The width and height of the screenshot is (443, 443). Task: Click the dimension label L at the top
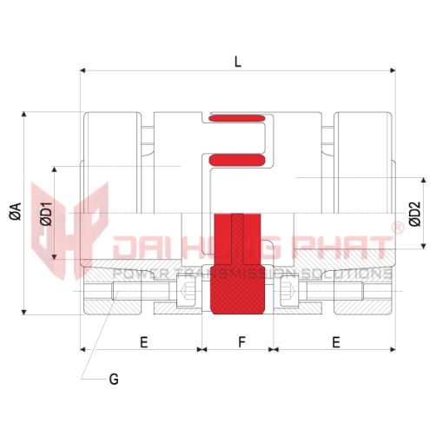(x=238, y=62)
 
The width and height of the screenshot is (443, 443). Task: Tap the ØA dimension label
(x=16, y=211)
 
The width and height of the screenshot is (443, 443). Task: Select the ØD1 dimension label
(x=46, y=214)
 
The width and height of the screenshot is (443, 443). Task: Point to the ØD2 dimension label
(x=415, y=215)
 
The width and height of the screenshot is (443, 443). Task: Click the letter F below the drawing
(x=241, y=342)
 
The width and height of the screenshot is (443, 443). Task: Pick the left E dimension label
(x=144, y=342)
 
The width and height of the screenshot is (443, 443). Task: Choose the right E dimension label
(x=336, y=342)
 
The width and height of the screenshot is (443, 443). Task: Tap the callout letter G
(x=114, y=379)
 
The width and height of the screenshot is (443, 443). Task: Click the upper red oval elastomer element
(x=236, y=118)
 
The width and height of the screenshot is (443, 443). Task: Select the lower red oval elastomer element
(x=237, y=160)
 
